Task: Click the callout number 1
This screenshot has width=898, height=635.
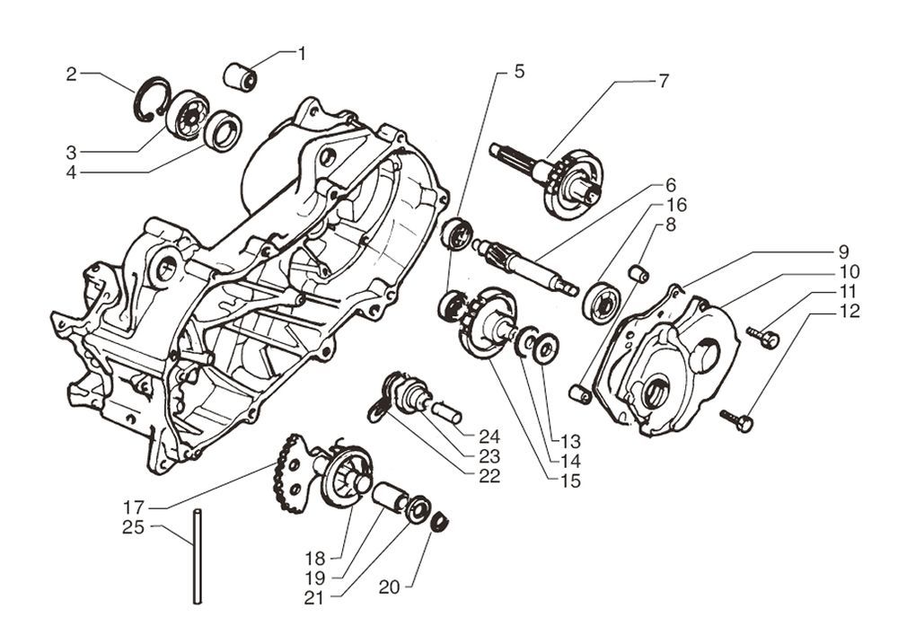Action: pos(302,54)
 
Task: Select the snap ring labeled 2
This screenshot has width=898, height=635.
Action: pos(149,100)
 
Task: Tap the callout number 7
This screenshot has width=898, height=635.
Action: pos(663,81)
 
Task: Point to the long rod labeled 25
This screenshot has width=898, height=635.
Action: pos(197,556)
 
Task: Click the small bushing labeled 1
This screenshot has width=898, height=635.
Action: pos(241,76)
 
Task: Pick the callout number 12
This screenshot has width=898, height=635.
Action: pos(850,312)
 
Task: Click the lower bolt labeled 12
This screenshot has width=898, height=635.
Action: pos(738,419)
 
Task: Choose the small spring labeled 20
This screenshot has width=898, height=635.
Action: pos(440,522)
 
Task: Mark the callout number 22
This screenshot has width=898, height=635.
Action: pos(489,477)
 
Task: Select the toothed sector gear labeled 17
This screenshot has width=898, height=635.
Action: pos(293,472)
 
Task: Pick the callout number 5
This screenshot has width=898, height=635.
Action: pos(519,71)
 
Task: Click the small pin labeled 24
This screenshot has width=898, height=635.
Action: pos(445,412)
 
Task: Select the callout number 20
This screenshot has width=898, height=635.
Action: pos(389,587)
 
